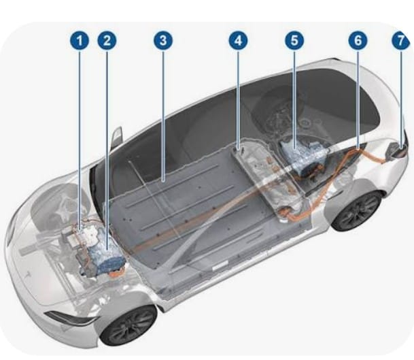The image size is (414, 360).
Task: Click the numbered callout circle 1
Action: (80, 40)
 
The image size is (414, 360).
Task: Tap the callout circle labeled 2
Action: (107, 40)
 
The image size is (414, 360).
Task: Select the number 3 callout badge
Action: (163, 40)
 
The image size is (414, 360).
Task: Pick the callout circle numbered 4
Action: (238, 40)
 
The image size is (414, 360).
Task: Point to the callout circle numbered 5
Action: (294, 40)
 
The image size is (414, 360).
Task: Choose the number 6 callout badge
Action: (358, 40)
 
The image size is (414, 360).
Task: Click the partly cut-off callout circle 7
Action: (401, 40)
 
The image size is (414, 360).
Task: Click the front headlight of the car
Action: (69, 318)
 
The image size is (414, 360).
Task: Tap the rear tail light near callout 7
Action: (398, 150)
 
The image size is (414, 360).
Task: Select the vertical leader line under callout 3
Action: (163, 116)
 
